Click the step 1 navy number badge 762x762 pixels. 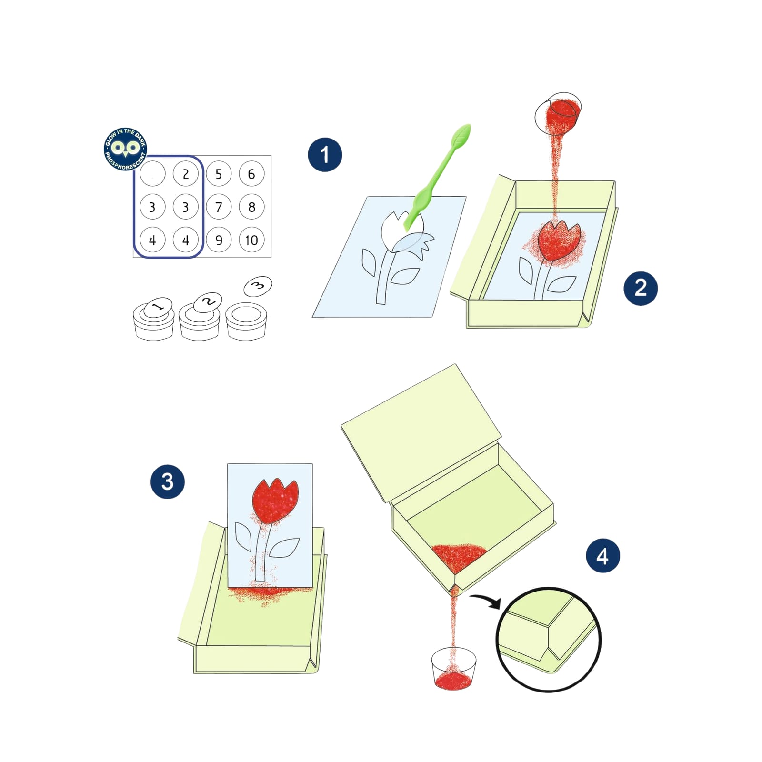pyautogui.click(x=325, y=154)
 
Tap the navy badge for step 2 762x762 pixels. pyautogui.click(x=641, y=288)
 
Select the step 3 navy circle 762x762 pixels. pyautogui.click(x=168, y=481)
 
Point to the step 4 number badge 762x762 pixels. pyautogui.click(x=602, y=556)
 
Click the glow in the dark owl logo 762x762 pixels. pyautogui.click(x=125, y=149)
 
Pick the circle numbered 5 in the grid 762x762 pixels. pyautogui.click(x=219, y=174)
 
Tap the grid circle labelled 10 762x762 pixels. pyautogui.click(x=251, y=240)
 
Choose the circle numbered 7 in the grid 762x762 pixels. pyautogui.click(x=219, y=207)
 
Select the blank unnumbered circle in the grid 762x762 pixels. pyautogui.click(x=152, y=174)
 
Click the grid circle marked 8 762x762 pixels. pyautogui.click(x=251, y=207)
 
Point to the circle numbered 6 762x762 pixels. pyautogui.click(x=251, y=174)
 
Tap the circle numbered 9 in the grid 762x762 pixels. pyautogui.click(x=219, y=240)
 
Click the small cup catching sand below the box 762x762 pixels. pyautogui.click(x=453, y=668)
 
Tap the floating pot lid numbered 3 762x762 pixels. pyautogui.click(x=258, y=286)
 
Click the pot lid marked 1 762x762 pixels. pyautogui.click(x=158, y=307)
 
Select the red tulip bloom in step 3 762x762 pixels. pyautogui.click(x=275, y=501)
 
